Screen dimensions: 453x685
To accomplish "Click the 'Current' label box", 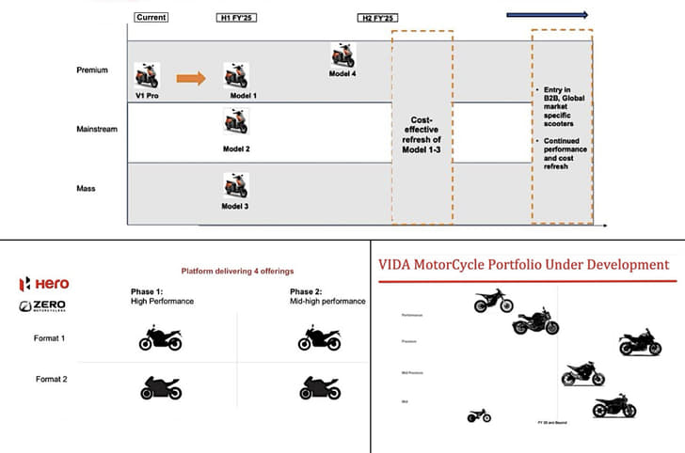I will [x=151, y=17].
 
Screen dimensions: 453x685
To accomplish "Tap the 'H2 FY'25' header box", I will [x=377, y=17].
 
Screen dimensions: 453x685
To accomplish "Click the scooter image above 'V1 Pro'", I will [x=146, y=75].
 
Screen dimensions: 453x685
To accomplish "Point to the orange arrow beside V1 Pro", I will [x=191, y=77].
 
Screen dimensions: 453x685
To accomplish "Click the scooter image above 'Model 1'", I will [x=235, y=76].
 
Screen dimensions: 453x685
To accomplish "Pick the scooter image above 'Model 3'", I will [x=235, y=185].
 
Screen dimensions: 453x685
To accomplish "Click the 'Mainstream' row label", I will [x=98, y=129].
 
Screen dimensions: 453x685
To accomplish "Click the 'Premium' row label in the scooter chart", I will [x=92, y=70].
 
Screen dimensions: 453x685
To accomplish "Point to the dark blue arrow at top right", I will [x=547, y=14].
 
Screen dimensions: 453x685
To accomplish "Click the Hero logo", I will [x=44, y=284].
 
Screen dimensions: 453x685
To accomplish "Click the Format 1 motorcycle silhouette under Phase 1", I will [x=160, y=338].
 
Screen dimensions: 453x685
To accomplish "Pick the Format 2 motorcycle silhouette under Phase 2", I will [x=319, y=386].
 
